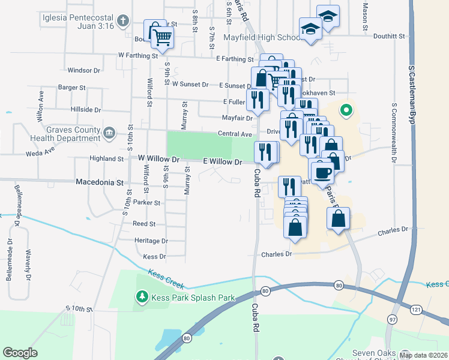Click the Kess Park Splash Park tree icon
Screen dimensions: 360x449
point(142,297)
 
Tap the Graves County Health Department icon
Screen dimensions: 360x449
point(109,133)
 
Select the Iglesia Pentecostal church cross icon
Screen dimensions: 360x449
point(123,22)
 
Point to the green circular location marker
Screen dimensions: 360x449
point(346,110)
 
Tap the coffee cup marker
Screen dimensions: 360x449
point(322,172)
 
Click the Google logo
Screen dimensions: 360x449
point(20,353)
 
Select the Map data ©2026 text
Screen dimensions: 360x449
point(423,355)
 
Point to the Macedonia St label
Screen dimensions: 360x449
point(99,181)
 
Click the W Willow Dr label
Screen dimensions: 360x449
point(158,158)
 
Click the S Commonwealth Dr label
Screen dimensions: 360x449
point(394,133)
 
